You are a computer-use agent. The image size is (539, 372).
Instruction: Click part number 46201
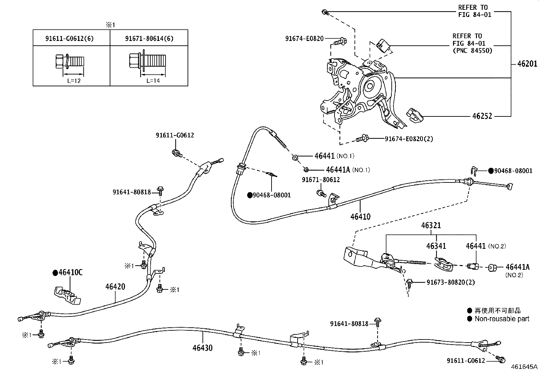coord(527,63)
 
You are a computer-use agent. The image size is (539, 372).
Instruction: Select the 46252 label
coord(482,116)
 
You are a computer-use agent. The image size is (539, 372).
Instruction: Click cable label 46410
coord(360,217)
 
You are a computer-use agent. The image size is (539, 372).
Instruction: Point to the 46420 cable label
coord(115,287)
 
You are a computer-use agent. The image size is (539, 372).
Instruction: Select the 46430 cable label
coord(202,348)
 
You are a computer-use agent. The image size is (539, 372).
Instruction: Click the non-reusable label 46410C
coord(68,272)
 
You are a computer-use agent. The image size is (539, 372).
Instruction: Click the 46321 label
coord(431,225)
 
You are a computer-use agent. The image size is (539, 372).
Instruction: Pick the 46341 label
coord(436,246)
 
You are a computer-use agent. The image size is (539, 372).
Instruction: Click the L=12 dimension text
coord(74,81)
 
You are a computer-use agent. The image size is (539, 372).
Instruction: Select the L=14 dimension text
coord(153,81)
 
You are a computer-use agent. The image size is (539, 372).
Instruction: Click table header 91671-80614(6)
coord(149,39)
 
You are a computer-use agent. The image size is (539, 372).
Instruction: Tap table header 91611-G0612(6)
coord(69,39)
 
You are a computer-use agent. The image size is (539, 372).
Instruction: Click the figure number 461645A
coord(524,367)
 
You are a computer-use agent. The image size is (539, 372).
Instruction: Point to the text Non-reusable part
coord(502,319)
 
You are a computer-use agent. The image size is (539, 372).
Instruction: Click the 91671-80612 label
coord(321,180)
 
